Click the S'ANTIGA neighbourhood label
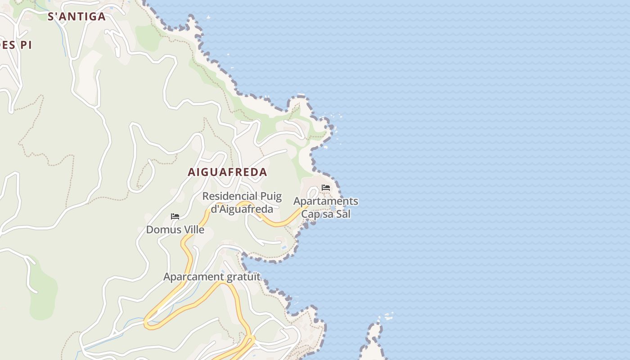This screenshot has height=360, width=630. click(x=76, y=17)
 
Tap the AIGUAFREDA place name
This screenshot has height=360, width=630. click(x=227, y=172)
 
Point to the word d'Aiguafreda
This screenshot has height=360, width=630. click(x=242, y=209)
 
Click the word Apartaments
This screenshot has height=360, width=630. click(x=326, y=201)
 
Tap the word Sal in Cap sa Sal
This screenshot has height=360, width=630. click(x=343, y=214)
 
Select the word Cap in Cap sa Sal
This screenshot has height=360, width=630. click(x=310, y=214)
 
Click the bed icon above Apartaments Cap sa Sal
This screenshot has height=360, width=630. click(x=326, y=188)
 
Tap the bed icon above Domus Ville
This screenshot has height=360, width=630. click(x=175, y=216)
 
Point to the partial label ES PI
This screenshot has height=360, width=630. click(x=16, y=45)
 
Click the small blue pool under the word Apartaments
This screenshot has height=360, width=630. click(x=333, y=208)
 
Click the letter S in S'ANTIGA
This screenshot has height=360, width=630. click(x=51, y=17)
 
